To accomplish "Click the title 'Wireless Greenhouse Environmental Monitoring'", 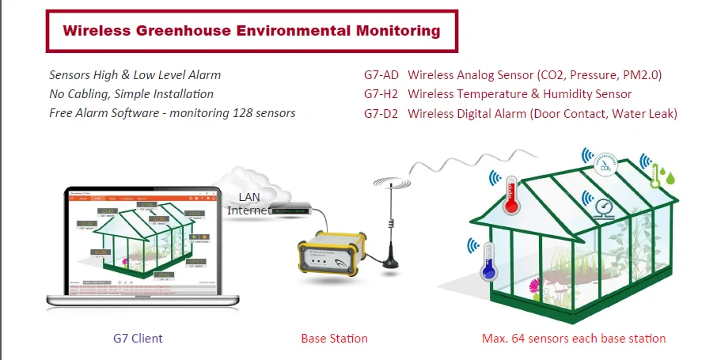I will coord(251,32).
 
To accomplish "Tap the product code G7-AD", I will coord(381,75).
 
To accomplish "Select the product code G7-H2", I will coord(381,94).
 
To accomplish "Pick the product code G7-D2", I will coord(381,113).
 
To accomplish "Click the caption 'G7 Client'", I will coord(138,339).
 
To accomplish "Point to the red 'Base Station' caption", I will coord(334,339).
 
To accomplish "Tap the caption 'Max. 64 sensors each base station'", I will coord(574,339).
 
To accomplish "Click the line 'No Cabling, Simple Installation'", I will coord(131,94).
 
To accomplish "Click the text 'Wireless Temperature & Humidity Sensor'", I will coord(519,94).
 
